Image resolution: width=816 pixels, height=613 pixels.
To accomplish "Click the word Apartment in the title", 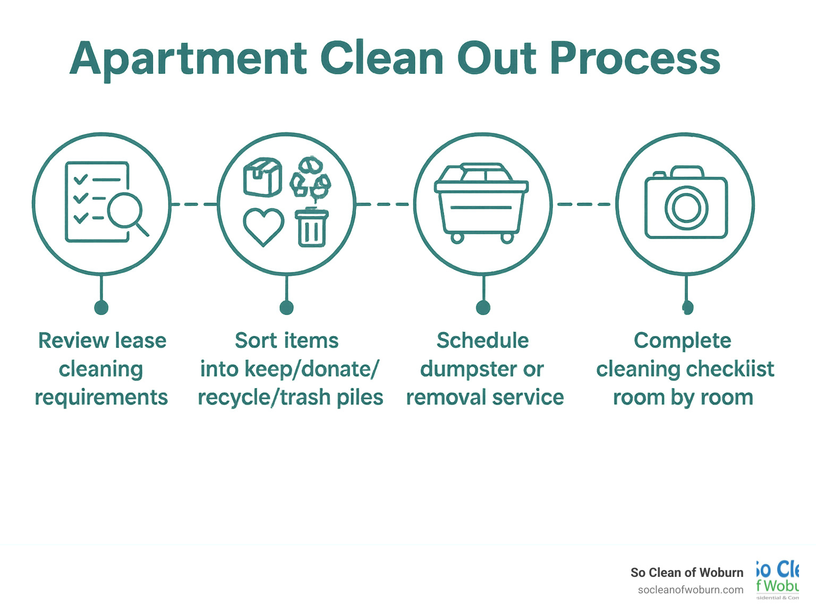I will (x=189, y=59).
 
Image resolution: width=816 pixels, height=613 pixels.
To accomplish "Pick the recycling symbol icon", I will (x=311, y=177).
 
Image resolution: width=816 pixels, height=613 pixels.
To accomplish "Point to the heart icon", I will (x=263, y=226).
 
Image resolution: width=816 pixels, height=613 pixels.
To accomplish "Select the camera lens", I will (x=686, y=207).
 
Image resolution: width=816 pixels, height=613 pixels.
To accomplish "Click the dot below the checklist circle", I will (x=101, y=307).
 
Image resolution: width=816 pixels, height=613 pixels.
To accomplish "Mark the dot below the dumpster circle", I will (x=483, y=307).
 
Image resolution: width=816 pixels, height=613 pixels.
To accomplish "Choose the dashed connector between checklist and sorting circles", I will (x=194, y=204).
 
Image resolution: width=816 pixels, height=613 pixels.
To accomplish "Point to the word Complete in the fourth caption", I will (x=682, y=340).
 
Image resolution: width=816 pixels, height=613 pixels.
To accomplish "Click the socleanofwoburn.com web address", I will (x=690, y=590).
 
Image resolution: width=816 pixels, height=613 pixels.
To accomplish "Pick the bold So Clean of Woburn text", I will (x=686, y=572).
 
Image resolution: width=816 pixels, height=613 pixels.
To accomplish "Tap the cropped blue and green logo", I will (x=778, y=579).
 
